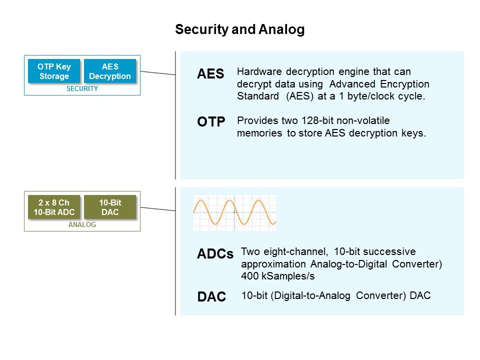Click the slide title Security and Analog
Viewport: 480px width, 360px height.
[x=239, y=30]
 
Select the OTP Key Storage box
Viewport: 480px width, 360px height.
[x=54, y=71]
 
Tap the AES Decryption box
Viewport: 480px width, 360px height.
[x=110, y=71]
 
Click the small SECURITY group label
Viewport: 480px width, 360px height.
[x=82, y=88]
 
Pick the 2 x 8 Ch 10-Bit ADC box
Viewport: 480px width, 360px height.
[x=54, y=206]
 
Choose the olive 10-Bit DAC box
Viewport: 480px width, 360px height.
[x=110, y=206]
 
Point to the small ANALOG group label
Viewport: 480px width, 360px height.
[x=82, y=224]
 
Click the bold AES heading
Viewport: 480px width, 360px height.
[x=210, y=74]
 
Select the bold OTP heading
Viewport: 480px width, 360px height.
[x=211, y=121]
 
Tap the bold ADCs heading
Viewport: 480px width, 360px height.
[x=215, y=254]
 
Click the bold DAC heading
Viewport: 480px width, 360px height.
[x=212, y=296]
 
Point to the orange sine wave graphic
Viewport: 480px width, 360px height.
[x=234, y=212]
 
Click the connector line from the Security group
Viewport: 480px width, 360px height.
[x=157, y=73]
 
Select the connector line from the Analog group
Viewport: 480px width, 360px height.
[x=157, y=208]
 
